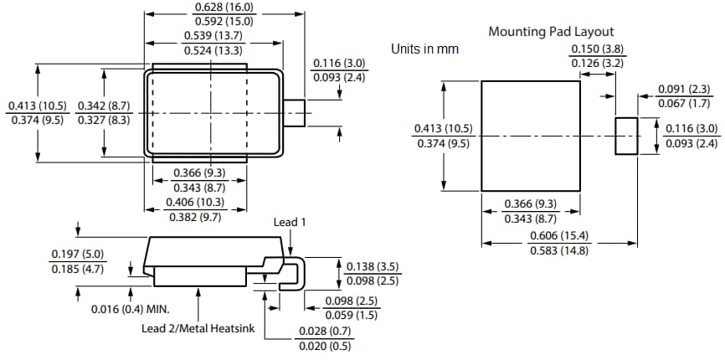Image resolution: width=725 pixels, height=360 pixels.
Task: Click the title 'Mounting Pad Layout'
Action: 551,32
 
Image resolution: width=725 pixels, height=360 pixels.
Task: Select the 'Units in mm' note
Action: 424,49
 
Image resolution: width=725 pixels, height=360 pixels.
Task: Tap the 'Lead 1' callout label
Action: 291,222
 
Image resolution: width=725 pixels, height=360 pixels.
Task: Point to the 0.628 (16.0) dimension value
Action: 224,8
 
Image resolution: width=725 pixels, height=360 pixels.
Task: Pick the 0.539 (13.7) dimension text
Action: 213,35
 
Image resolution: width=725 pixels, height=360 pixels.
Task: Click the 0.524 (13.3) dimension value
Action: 213,50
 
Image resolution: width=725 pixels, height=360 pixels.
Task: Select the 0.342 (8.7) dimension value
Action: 103,105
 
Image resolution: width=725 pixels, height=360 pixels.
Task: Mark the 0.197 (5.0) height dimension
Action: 77,255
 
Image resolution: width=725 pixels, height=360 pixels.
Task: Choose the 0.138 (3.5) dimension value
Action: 372,266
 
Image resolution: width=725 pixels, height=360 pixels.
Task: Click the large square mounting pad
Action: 531,136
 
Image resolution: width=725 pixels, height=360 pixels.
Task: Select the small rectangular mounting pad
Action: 626,136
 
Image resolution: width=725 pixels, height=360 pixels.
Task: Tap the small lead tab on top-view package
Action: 293,112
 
